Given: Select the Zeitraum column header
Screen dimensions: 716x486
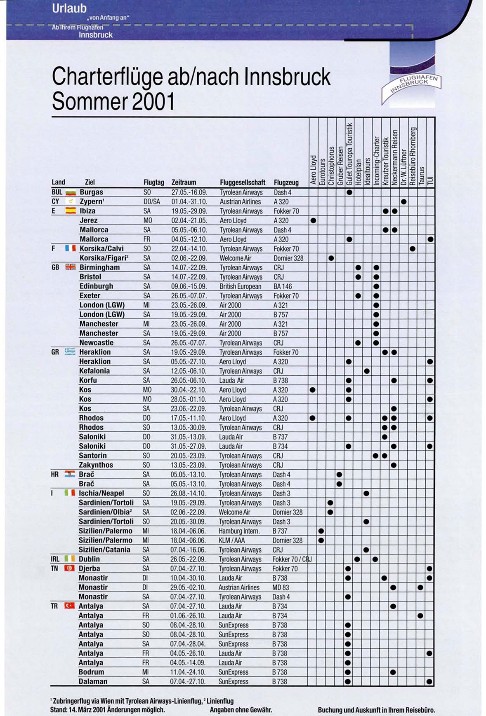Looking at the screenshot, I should click(184, 182).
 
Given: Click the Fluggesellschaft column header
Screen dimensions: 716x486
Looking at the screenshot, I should click(243, 182).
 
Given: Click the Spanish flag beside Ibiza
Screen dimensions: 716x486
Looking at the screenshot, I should click(71, 211).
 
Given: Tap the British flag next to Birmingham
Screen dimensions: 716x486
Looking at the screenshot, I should click(71, 267).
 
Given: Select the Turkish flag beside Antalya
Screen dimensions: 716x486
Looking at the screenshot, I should click(69, 606).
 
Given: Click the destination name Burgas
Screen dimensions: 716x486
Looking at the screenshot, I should click(91, 192).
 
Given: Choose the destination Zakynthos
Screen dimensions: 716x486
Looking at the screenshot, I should click(96, 465).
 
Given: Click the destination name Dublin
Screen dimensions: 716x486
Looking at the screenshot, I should click(89, 559).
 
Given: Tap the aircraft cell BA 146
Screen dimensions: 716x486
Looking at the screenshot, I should click(283, 286).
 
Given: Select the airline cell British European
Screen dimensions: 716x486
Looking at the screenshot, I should click(240, 286).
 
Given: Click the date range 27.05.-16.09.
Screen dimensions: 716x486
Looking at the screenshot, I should click(189, 192).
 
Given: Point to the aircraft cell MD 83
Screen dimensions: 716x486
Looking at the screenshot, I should click(281, 587).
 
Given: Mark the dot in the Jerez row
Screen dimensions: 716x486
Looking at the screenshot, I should click(313, 220).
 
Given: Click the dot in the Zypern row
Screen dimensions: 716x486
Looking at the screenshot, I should click(404, 201).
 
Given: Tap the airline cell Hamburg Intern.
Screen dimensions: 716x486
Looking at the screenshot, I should click(239, 531).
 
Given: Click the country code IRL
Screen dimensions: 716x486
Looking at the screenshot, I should click(55, 559).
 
